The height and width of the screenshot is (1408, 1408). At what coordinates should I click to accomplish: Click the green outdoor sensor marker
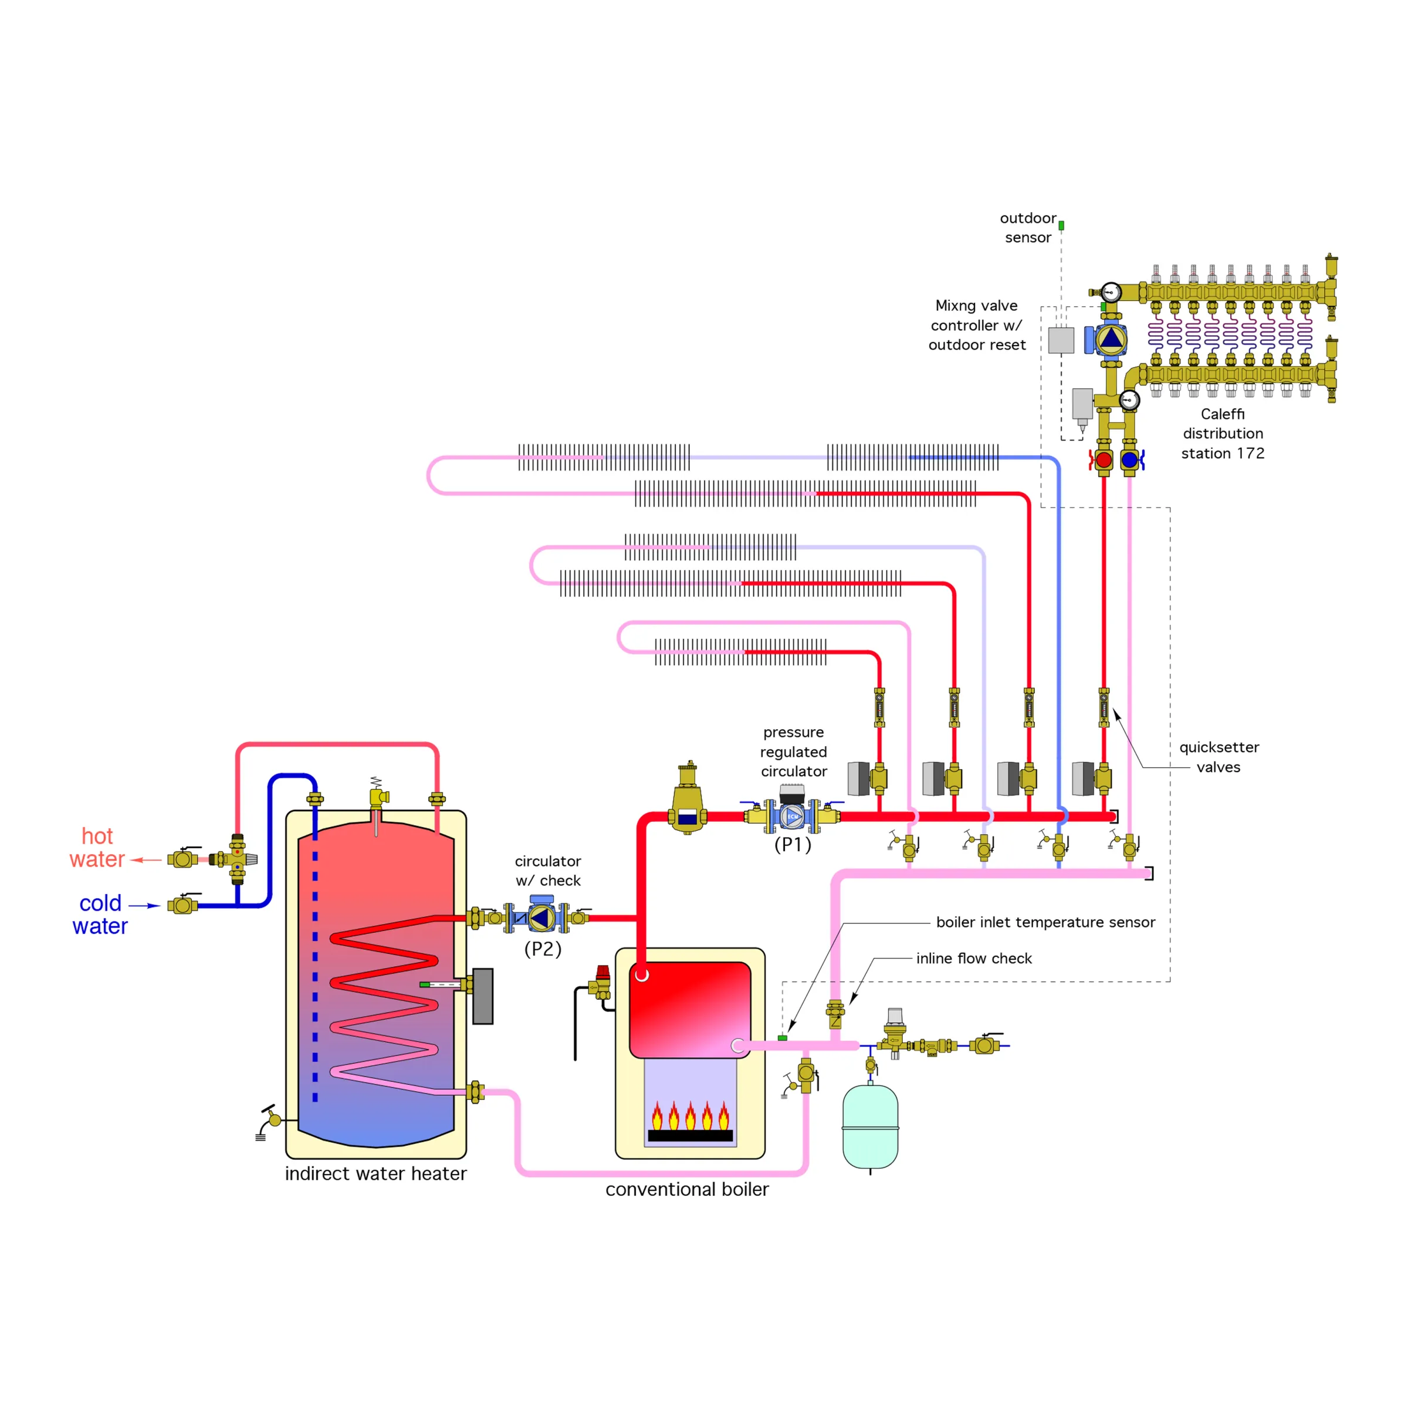[1061, 226]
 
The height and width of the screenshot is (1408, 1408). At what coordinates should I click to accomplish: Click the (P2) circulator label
[543, 949]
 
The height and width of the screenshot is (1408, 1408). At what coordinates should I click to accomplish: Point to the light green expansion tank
[870, 1126]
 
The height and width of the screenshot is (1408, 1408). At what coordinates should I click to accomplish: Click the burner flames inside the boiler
[689, 1116]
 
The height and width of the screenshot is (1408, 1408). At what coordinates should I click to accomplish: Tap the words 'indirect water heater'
[375, 1174]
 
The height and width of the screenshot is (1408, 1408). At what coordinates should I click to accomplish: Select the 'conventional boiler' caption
[686, 1189]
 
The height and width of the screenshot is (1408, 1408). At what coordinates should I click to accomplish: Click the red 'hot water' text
[97, 848]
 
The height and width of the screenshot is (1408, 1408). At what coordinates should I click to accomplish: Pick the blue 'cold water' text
[100, 915]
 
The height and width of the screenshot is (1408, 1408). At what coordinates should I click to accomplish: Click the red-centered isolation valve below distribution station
[1104, 460]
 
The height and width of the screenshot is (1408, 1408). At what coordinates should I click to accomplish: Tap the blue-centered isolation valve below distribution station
[1129, 460]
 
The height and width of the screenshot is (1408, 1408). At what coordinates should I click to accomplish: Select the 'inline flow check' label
[974, 959]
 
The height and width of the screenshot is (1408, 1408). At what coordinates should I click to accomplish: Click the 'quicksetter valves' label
[1219, 757]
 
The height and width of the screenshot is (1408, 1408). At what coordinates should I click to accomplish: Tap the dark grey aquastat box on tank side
[482, 996]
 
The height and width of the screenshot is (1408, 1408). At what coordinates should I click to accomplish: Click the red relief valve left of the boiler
[603, 980]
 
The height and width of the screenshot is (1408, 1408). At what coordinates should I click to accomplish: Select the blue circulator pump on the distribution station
[1110, 339]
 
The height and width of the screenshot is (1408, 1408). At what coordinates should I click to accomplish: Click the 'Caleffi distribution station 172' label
[1222, 434]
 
